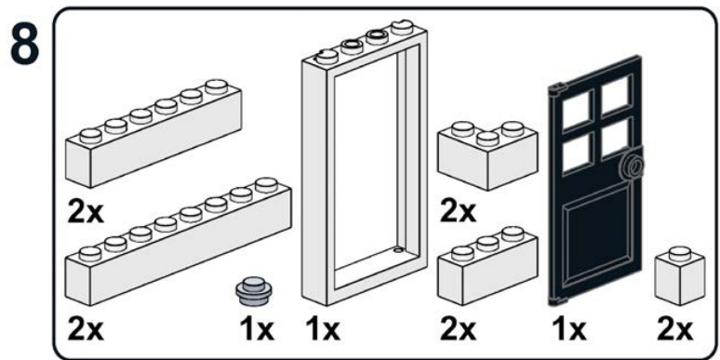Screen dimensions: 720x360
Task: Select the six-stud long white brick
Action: (153, 133)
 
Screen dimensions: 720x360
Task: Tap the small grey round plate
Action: (252, 291)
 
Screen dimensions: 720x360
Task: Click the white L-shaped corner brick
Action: (488, 155)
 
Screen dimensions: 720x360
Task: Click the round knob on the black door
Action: (634, 167)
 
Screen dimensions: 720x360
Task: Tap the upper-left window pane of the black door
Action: (576, 111)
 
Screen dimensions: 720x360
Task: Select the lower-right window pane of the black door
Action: (616, 137)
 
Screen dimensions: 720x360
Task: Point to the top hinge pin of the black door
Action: (558, 89)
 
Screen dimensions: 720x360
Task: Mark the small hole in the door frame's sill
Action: (398, 251)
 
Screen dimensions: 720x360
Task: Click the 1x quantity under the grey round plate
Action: (257, 329)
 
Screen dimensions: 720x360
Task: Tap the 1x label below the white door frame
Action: (323, 329)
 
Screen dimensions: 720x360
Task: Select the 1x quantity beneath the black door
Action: (568, 329)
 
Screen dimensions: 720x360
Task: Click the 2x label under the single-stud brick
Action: (674, 329)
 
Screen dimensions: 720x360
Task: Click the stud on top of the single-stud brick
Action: (680, 253)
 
